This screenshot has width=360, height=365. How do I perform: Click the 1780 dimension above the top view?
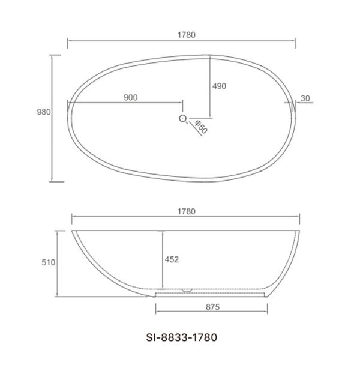click(x=187, y=34)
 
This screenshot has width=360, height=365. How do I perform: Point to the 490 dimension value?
click(x=219, y=86)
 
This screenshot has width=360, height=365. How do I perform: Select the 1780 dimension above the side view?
click(x=187, y=211)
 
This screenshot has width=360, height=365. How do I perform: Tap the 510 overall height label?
click(x=49, y=262)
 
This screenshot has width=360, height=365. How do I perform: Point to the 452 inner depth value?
click(x=172, y=259)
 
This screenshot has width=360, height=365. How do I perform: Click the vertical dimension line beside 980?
click(x=53, y=117)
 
